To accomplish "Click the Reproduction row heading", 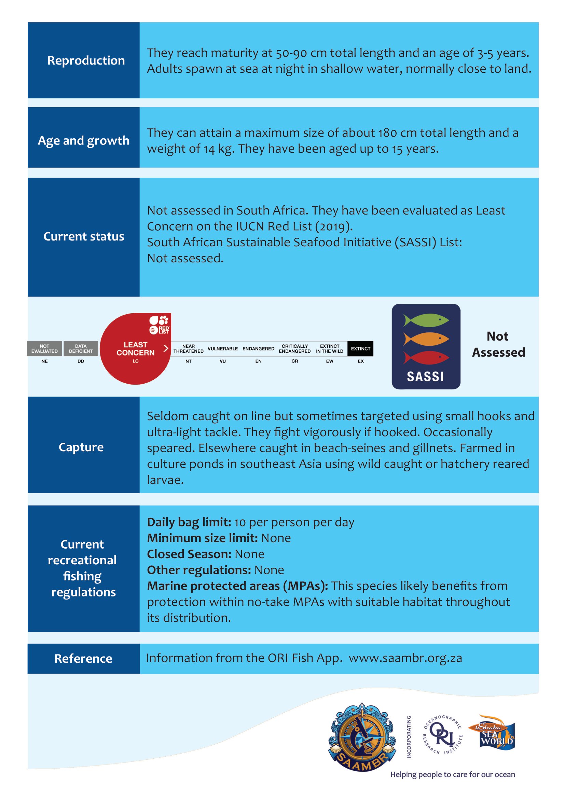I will (86, 60).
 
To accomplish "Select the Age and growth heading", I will (83, 141).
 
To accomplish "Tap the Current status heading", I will (83, 237).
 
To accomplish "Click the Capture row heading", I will (81, 447).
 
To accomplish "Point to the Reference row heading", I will (83, 658).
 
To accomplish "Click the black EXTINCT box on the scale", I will (360, 349).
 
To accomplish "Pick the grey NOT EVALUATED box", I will (44, 349).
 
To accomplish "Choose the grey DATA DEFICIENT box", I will (81, 349).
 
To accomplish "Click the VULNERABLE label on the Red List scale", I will (223, 349).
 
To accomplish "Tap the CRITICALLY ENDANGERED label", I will (295, 349).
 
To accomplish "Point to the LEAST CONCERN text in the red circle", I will (135, 349).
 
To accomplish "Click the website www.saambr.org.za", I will (405, 658).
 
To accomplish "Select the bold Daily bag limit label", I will (189, 522).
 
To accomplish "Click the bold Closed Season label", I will (189, 554).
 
